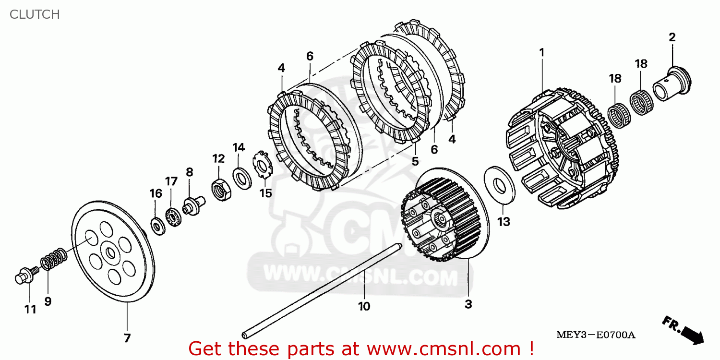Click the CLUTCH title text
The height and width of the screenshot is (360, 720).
pyautogui.click(x=35, y=14)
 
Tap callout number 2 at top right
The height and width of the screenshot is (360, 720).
pyautogui.click(x=672, y=37)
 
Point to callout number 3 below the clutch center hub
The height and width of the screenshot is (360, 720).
pyautogui.click(x=468, y=304)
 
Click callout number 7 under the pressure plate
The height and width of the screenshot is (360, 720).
pyautogui.click(x=127, y=338)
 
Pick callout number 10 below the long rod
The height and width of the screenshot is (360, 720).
pyautogui.click(x=364, y=306)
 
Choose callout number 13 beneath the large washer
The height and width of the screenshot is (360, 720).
pyautogui.click(x=504, y=222)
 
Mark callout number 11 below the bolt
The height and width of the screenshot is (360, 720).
pyautogui.click(x=30, y=310)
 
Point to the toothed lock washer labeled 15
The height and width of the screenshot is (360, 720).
pyautogui.click(x=262, y=166)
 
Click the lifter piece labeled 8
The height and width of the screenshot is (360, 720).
pyautogui.click(x=193, y=207)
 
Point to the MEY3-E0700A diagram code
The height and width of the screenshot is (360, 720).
pyautogui.click(x=595, y=335)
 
